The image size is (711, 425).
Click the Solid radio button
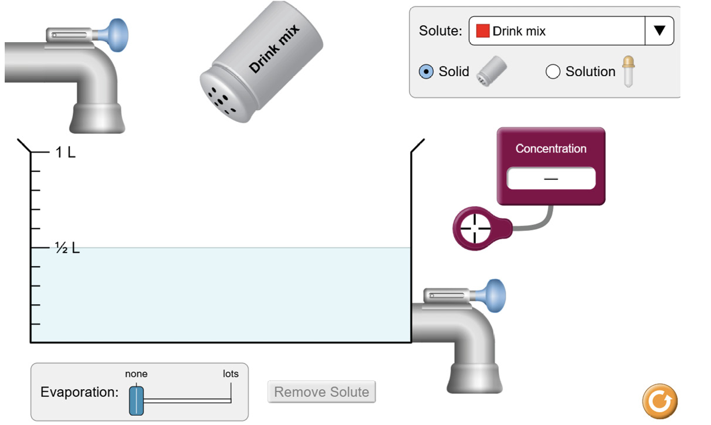426,72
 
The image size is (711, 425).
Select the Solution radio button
553,72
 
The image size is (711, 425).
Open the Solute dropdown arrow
659,30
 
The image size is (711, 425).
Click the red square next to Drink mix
483,31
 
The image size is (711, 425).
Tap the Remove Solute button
321,392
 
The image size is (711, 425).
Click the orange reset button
660,402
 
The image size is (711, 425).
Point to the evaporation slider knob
136,400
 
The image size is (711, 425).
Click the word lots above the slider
231,373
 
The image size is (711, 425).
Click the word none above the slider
136,373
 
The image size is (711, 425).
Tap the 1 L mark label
65,152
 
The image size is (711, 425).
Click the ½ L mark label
67,249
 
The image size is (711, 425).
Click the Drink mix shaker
262,62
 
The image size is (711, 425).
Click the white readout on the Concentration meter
551,178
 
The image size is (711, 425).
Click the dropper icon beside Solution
628,71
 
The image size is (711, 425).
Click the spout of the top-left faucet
97,118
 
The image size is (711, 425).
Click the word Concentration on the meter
551,149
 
